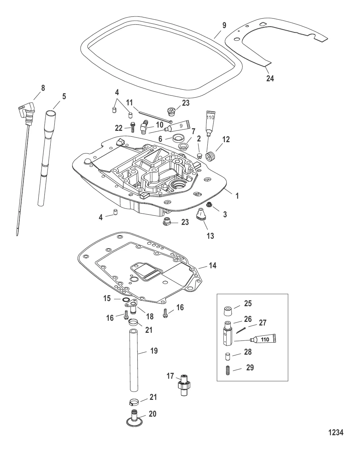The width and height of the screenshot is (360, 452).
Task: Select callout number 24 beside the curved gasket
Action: [270, 78]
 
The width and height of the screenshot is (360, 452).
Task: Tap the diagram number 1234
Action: [336, 433]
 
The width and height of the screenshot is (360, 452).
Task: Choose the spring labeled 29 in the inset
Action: [228, 372]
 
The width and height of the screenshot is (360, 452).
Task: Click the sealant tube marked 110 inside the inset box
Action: [263, 340]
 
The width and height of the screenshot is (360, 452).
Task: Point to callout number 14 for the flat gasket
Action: [212, 266]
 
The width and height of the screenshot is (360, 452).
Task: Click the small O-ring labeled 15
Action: [126, 300]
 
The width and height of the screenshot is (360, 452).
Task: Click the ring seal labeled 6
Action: [177, 138]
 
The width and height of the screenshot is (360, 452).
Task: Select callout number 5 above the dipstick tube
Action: [64, 97]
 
